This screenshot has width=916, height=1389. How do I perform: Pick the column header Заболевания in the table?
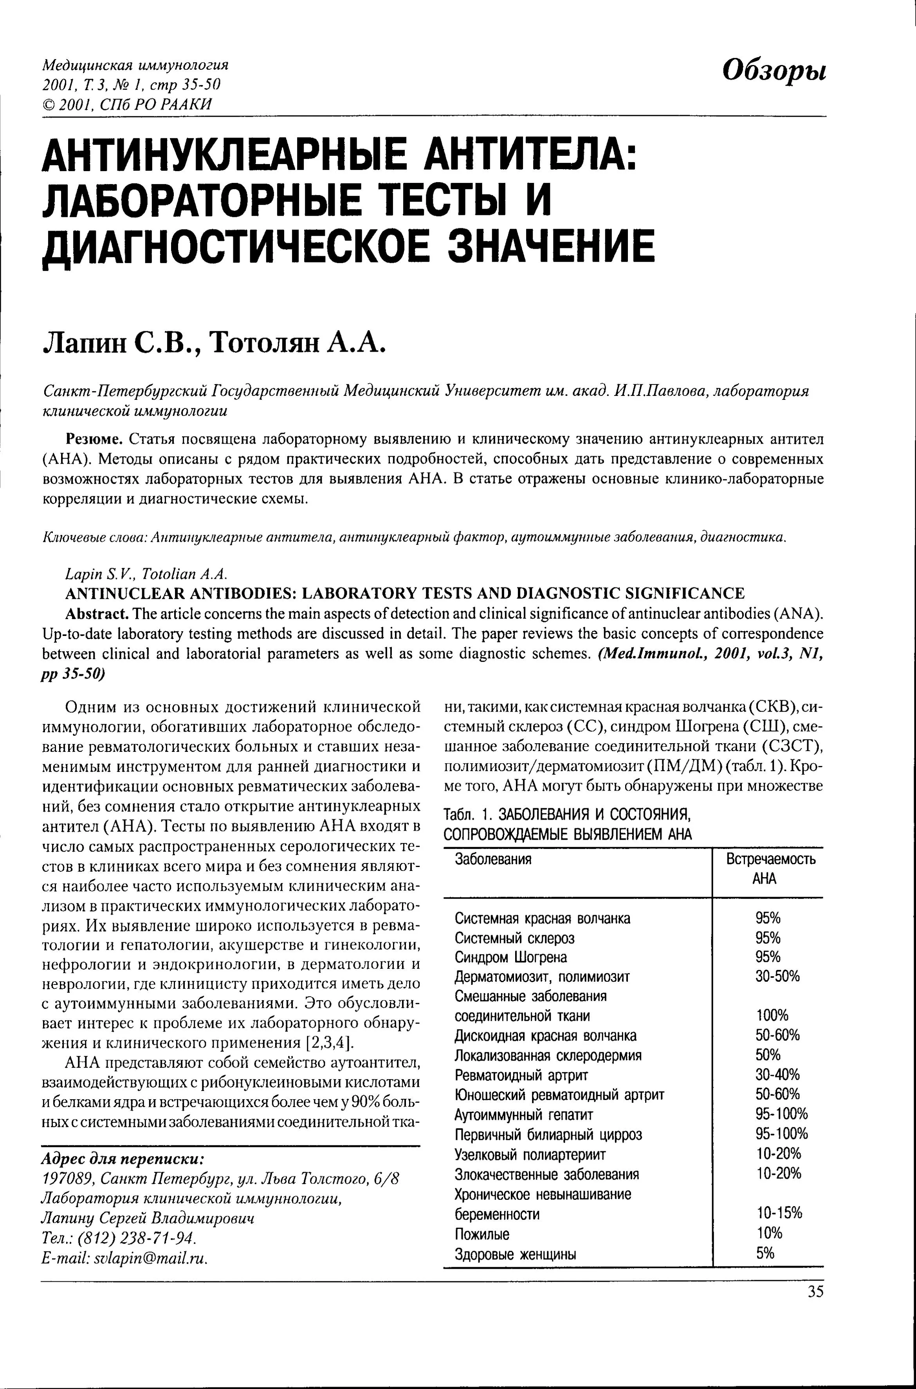coord(493,859)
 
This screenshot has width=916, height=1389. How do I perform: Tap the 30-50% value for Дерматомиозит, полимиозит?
coord(777,976)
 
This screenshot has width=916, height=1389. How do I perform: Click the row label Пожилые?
coord(482,1234)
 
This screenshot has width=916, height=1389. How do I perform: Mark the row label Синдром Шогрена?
coord(510,957)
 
